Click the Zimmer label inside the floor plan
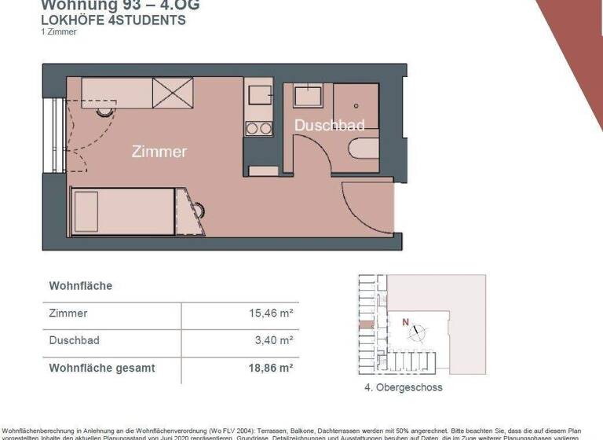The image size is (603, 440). coord(159,151)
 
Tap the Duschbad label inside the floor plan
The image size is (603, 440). coord(329,126)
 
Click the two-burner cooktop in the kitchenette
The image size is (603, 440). coord(258,126)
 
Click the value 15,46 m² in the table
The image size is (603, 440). coord(270,313)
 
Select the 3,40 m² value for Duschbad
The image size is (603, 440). coord(275,340)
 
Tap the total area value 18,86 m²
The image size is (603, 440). coord(270,367)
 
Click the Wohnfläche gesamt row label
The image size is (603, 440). coord(102,367)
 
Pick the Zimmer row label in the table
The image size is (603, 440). coord(68,313)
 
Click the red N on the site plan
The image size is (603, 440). coord(405,321)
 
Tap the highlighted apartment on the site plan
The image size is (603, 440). coord(367,324)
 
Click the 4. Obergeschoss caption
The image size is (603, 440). coord(404,387)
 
